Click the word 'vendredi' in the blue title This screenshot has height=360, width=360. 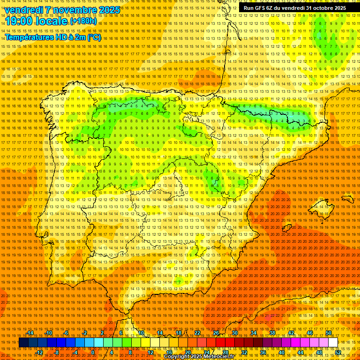(x=23, y=10)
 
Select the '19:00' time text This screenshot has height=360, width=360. (x=20, y=22)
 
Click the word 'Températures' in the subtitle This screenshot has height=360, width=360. (x=29, y=37)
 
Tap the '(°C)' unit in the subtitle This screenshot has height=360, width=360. (x=94, y=37)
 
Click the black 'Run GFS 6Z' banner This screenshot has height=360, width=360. (x=294, y=8)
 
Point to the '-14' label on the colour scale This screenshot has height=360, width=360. (x=30, y=333)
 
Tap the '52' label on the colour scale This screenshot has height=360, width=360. (x=338, y=352)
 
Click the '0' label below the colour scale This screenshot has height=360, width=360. (x=93, y=352)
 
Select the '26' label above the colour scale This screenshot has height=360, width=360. (x=216, y=333)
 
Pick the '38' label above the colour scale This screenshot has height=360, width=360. (x=272, y=333)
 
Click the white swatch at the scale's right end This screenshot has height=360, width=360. (x=333, y=343)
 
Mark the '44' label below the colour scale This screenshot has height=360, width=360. (x=300, y=352)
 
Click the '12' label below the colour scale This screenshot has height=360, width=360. (x=150, y=352)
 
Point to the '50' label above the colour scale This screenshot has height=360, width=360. (x=328, y=333)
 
